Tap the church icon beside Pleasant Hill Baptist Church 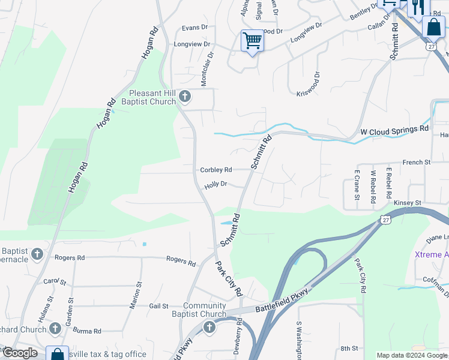[185, 96]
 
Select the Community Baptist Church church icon [209, 327]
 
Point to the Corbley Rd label [216, 170]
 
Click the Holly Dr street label [215, 185]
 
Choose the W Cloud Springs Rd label [394, 130]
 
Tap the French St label [417, 163]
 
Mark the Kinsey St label [408, 203]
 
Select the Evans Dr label [194, 28]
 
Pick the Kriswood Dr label [309, 84]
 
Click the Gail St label [158, 306]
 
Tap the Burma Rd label [88, 331]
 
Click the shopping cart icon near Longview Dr [252, 41]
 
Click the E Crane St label [357, 185]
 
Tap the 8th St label [349, 348]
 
